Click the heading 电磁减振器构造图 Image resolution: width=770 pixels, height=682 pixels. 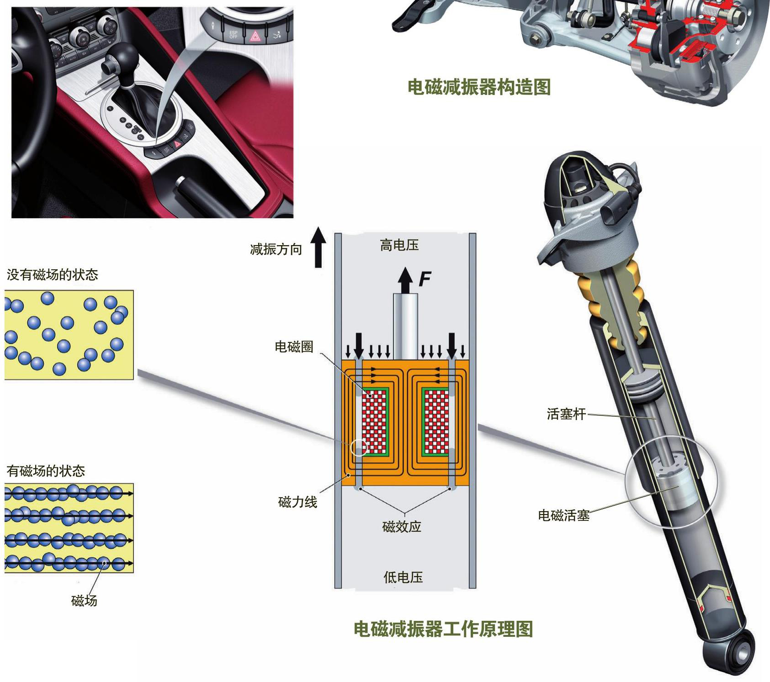click(x=479, y=87)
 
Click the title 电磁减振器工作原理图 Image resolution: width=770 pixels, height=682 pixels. click(x=443, y=629)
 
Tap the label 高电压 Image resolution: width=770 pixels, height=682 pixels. click(x=399, y=245)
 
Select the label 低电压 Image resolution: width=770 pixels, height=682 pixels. click(x=403, y=577)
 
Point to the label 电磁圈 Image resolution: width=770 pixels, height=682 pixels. click(x=294, y=346)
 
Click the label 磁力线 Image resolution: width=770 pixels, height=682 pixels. click(x=297, y=502)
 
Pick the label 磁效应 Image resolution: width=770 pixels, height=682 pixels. click(x=402, y=527)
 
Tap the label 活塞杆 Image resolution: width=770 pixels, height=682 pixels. click(x=566, y=414)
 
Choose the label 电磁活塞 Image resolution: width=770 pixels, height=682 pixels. click(x=564, y=515)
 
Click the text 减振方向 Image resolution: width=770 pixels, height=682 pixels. click(x=276, y=249)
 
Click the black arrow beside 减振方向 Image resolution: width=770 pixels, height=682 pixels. click(x=318, y=248)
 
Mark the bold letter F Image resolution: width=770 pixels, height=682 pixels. click(x=425, y=278)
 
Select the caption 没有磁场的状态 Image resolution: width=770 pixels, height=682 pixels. click(x=53, y=274)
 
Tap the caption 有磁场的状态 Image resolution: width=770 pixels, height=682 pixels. click(x=46, y=471)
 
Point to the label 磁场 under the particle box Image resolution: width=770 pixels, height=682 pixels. click(x=84, y=600)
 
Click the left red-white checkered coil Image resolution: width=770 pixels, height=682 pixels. click(x=374, y=422)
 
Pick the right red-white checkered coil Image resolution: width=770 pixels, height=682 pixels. click(x=436, y=422)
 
